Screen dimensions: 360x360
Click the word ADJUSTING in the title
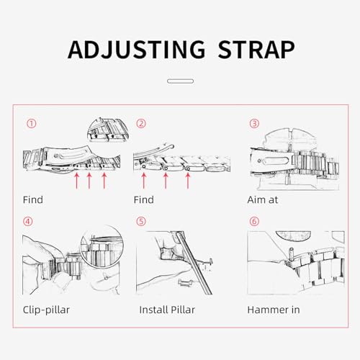tap(137, 50)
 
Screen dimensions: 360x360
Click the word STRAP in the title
tap(256, 50)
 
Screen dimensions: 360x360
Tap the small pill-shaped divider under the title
tap(180, 81)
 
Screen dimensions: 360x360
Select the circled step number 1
tap(31, 124)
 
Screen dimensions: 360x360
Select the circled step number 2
tap(141, 124)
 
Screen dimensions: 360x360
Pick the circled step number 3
tap(254, 124)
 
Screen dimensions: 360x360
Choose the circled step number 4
tap(27, 221)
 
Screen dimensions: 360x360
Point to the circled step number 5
tap(141, 221)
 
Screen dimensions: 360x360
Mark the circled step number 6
tap(254, 221)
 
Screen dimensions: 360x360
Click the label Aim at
tap(263, 199)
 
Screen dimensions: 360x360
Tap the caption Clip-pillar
tap(46, 310)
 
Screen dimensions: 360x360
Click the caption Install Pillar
tap(167, 310)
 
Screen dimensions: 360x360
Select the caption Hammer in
tap(274, 310)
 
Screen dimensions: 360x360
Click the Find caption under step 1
tap(33, 199)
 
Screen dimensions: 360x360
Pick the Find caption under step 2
tap(144, 199)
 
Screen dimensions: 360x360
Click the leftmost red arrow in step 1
tap(77, 181)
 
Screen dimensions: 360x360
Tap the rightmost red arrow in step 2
tap(188, 181)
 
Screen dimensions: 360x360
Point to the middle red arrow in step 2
tap(166, 181)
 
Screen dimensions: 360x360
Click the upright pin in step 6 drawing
tap(291, 255)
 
